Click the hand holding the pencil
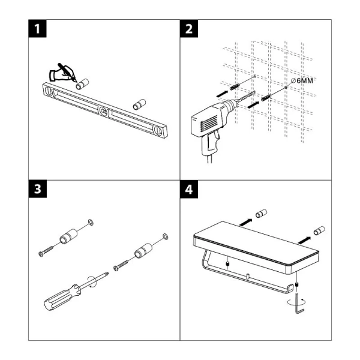(x=64, y=73)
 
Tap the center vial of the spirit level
(x=104, y=112)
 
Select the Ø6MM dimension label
(x=302, y=80)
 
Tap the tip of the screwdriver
(x=108, y=273)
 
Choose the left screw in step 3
(x=46, y=250)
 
